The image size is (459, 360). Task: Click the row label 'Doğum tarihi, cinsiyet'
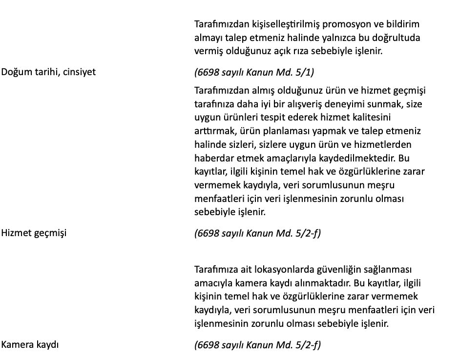(48, 72)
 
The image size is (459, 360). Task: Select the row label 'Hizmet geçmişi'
(34, 233)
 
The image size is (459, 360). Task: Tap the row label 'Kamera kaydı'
(30, 345)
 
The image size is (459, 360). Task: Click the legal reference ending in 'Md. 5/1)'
(254, 72)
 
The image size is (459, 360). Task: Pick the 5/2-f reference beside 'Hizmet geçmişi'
(257, 233)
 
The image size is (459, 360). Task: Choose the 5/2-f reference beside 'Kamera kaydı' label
(257, 345)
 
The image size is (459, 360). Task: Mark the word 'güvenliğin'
(344, 269)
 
